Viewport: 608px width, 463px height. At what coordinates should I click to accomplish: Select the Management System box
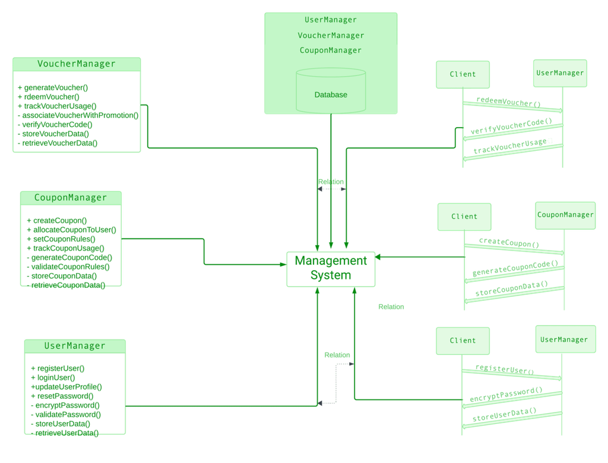point(331,269)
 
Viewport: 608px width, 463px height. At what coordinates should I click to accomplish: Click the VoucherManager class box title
point(77,64)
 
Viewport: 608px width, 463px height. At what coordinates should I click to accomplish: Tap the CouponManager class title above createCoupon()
point(71,198)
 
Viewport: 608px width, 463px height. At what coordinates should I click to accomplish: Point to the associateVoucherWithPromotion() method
point(78,115)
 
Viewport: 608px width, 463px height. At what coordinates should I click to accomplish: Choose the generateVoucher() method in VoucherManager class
point(53,87)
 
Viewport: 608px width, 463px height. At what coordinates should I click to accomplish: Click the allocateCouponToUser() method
point(71,230)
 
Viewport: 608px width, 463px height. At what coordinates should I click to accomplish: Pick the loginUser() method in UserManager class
point(53,378)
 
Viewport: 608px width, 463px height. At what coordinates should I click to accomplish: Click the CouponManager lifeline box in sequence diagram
point(565,215)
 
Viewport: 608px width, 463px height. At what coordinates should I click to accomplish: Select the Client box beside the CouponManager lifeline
point(464,217)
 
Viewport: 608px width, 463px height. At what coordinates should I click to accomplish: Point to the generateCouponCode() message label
point(515,268)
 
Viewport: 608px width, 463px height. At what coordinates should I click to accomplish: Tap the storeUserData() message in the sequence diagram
point(505,414)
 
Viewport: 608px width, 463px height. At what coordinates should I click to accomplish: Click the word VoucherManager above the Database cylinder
point(331,35)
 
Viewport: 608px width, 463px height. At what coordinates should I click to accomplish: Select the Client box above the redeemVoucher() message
point(463,74)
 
